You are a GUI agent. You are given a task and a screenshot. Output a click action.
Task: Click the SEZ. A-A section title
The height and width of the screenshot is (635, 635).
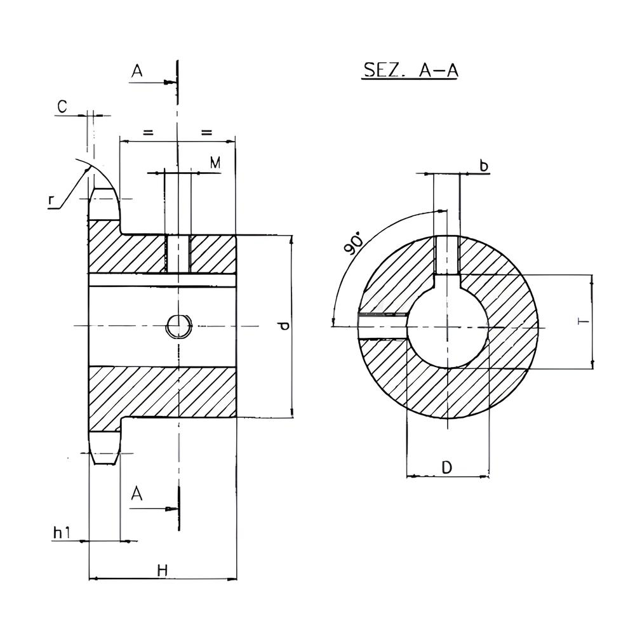pos(410,70)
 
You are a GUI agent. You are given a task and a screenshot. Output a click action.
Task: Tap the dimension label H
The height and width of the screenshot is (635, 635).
pos(163,570)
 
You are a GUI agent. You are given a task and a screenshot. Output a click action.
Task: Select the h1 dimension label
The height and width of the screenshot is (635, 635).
pos(62,533)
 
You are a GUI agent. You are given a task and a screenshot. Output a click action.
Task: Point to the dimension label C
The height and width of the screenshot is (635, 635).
pos(62,107)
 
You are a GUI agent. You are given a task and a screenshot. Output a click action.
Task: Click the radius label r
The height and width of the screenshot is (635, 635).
pos(51,200)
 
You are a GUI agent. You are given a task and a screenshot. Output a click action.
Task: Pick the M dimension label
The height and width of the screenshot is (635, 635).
pos(215,163)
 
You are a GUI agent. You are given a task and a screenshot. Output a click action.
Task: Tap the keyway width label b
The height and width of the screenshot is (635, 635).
pos(483,165)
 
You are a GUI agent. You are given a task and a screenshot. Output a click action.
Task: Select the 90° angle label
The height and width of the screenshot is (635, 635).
pos(353,245)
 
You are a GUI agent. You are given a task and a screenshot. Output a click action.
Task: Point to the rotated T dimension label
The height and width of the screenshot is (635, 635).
pos(583,321)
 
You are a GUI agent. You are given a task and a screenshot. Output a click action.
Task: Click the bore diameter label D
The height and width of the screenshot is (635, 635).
pos(446,467)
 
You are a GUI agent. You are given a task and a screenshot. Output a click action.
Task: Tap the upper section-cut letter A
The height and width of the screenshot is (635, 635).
pos(137,71)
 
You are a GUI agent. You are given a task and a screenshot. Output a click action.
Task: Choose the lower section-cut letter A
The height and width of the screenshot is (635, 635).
pos(137,493)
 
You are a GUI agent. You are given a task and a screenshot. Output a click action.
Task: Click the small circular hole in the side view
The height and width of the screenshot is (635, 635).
pos(178,326)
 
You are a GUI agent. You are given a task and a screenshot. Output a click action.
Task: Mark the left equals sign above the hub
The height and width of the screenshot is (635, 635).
pos(148,132)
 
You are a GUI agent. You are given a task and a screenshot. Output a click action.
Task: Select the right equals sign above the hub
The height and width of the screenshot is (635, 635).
pos(206,132)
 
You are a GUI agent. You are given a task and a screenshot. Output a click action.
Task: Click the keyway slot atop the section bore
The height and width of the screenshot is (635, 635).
pos(447,255)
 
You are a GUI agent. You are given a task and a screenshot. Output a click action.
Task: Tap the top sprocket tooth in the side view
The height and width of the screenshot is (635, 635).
pos(104,204)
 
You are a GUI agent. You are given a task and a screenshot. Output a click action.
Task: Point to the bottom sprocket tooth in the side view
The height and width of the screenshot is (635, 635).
pos(105,448)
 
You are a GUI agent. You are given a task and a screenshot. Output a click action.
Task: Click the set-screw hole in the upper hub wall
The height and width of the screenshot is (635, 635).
pos(177,255)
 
